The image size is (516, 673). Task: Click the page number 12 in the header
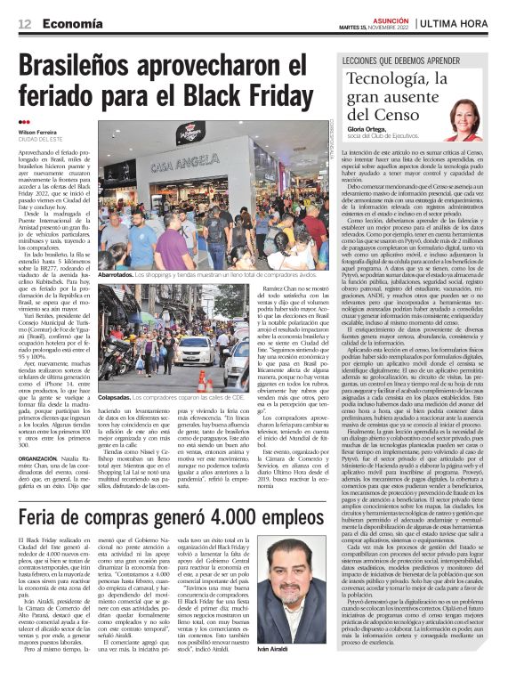[23, 23]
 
